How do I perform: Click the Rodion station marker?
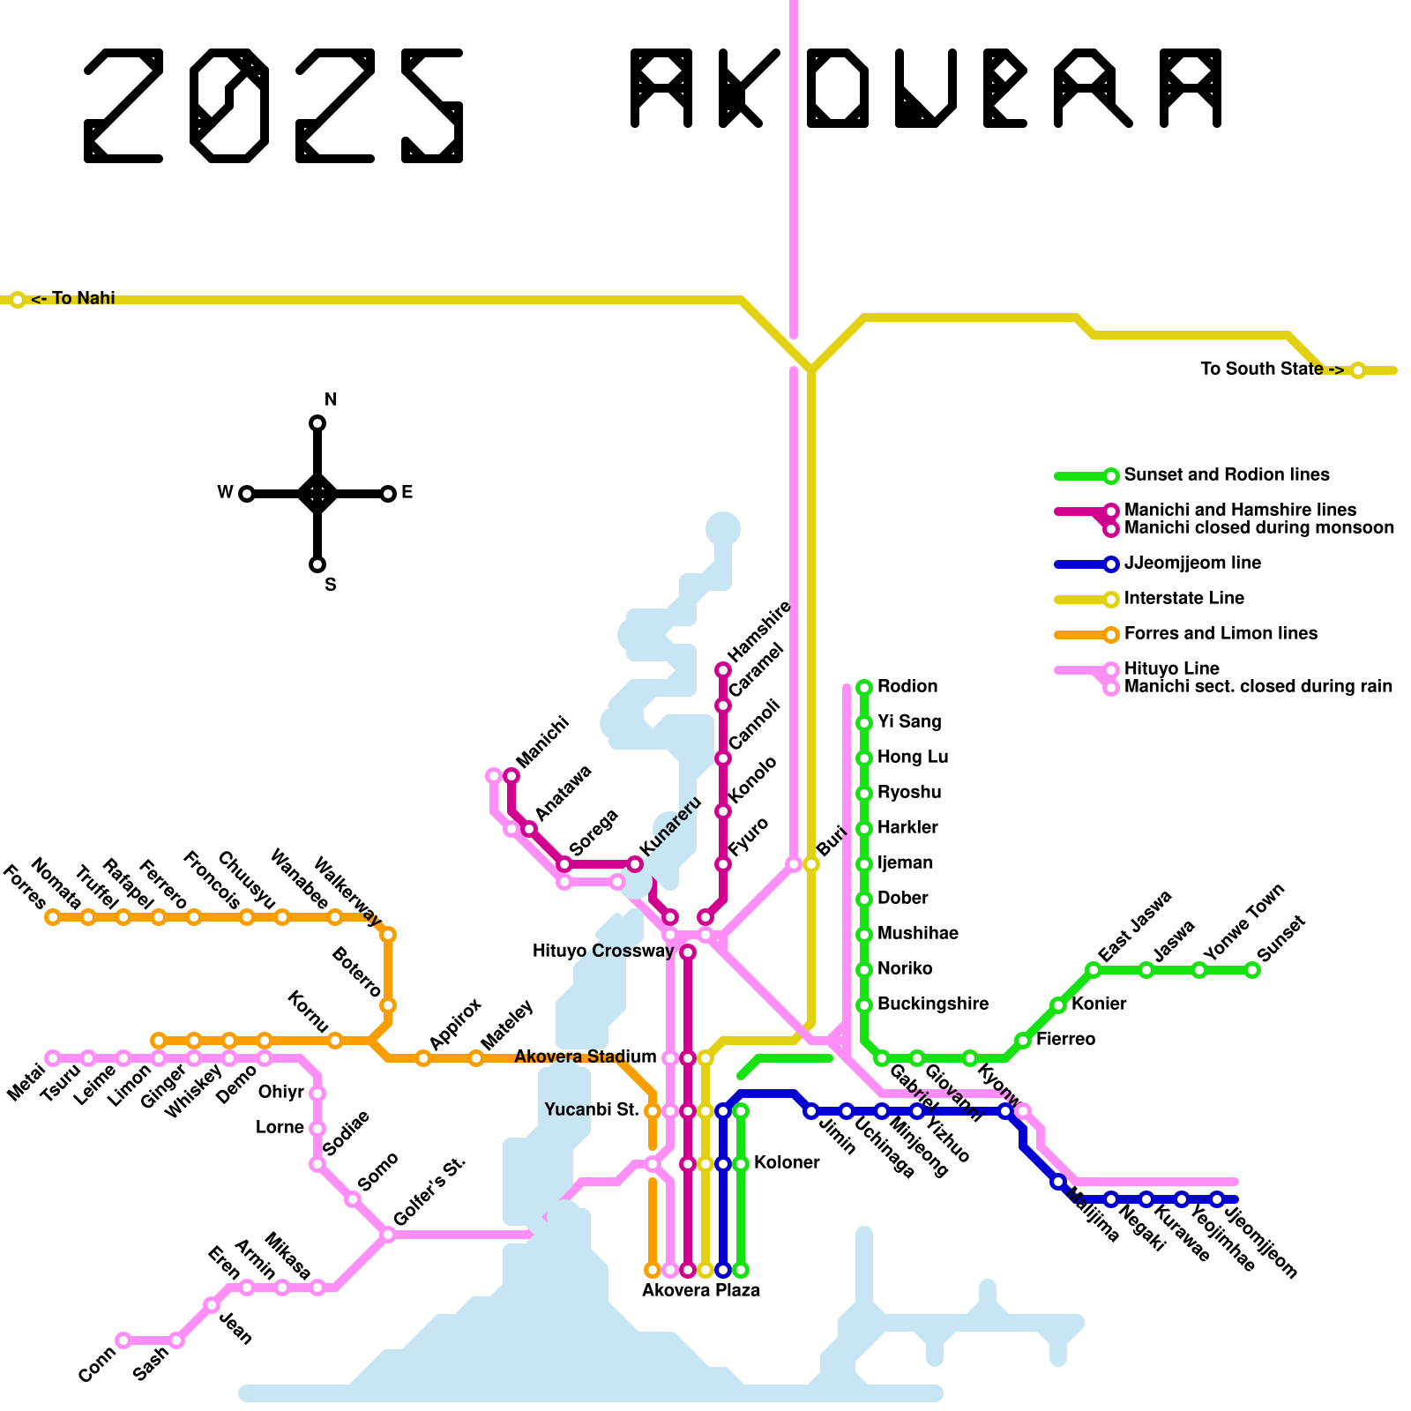click(864, 687)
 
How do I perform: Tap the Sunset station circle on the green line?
click(1252, 970)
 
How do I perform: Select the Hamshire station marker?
click(723, 670)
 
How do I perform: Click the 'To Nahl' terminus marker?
click(18, 300)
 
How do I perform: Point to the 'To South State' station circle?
click(1358, 370)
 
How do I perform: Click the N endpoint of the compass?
click(317, 423)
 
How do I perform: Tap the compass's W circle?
click(247, 494)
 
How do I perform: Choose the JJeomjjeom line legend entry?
click(1192, 564)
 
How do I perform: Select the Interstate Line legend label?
click(1183, 599)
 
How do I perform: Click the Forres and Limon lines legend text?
click(1221, 634)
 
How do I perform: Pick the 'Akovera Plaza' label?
click(700, 1290)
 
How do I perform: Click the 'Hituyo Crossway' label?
click(602, 951)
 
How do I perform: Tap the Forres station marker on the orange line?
click(53, 917)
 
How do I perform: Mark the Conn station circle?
click(123, 1340)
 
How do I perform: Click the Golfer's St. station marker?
click(388, 1235)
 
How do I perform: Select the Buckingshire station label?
click(932, 1004)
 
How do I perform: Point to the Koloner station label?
click(787, 1163)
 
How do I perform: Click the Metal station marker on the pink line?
click(53, 1058)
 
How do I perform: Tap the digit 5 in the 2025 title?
click(432, 106)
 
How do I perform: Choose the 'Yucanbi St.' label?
click(591, 1110)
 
